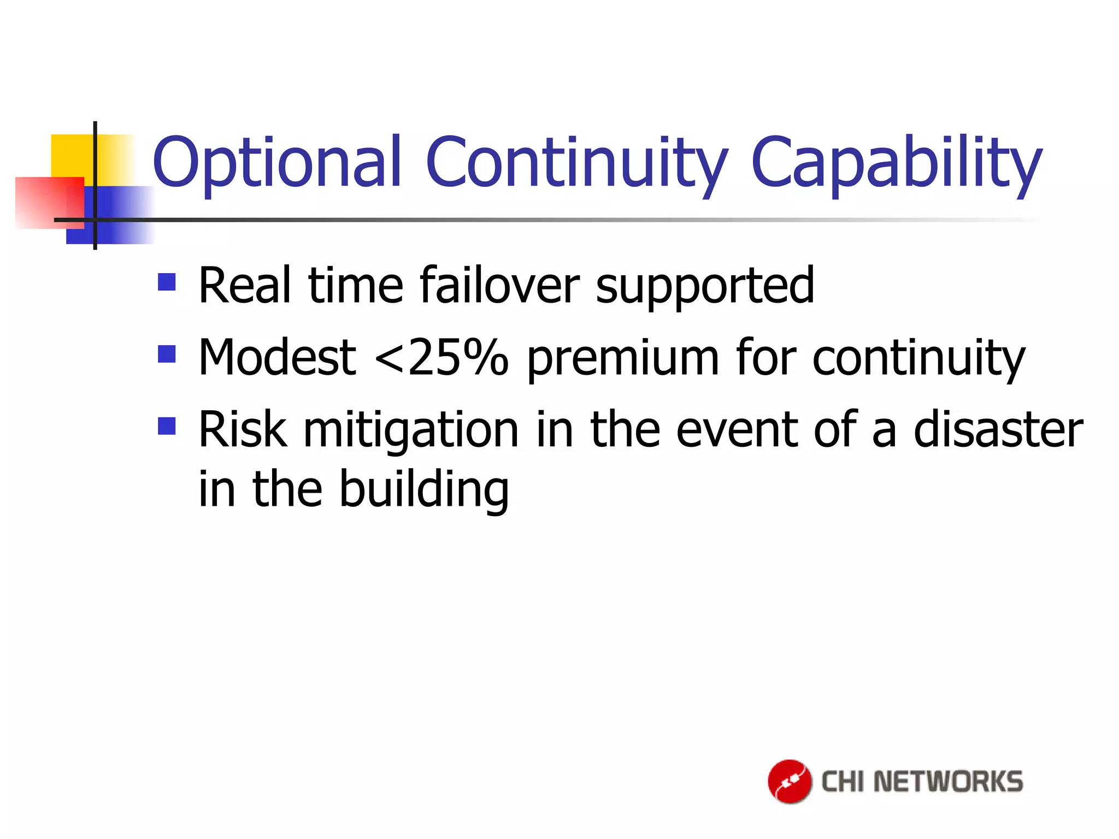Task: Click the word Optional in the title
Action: [x=276, y=162]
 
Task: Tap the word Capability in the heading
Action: [x=896, y=162]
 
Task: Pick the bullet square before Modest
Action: [x=167, y=354]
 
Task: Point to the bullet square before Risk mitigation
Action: [x=167, y=426]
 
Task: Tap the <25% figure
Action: [x=441, y=358]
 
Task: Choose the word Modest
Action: [x=277, y=358]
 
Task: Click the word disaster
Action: [x=998, y=430]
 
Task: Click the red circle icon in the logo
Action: [x=790, y=781]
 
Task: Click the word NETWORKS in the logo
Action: [x=948, y=782]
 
